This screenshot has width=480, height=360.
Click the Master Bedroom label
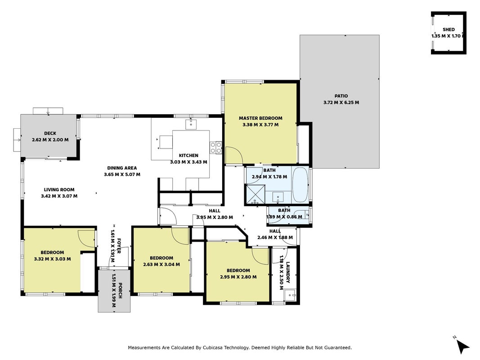[x=260, y=118]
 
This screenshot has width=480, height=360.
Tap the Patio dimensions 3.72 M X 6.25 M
[x=341, y=103]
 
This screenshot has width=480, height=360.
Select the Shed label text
[x=449, y=30]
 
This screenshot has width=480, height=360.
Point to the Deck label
[x=50, y=134]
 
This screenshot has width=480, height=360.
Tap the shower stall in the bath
[x=255, y=194]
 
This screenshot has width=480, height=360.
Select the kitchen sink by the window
[x=191, y=125]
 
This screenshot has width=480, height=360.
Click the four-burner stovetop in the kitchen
[x=216, y=148]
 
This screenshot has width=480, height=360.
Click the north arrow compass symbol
[x=462, y=346]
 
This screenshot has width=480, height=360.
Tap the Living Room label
[x=59, y=190]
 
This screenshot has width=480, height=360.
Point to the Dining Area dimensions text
[x=122, y=175]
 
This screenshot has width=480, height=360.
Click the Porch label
[x=120, y=290]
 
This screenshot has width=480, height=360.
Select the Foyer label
[x=119, y=246]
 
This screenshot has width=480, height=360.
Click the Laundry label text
[x=288, y=272]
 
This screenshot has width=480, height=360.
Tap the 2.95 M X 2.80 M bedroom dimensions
[x=238, y=277]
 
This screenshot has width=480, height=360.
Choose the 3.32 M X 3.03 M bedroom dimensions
[x=52, y=259]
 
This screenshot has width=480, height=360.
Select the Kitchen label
[x=188, y=156]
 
